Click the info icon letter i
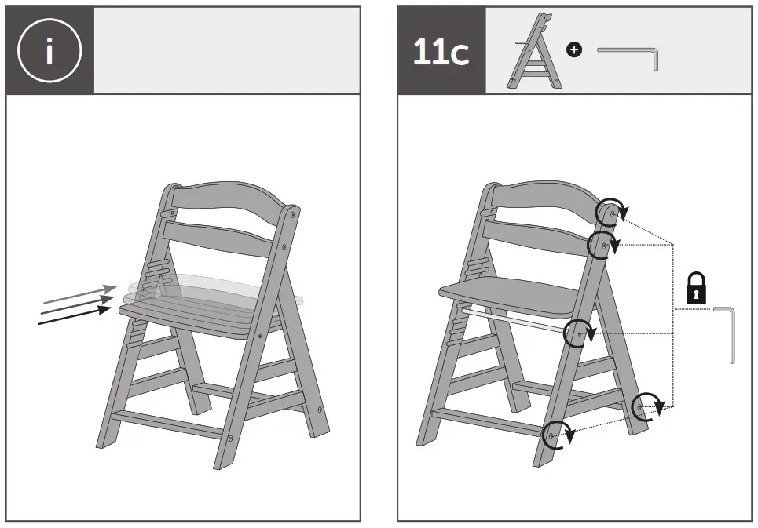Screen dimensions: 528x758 point(49,51)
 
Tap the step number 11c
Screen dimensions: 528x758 point(441,53)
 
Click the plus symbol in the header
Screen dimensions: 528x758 point(575,50)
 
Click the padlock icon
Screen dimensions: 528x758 point(696,288)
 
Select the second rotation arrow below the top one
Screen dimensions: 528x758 point(602,245)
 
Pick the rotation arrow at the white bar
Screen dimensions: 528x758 point(579,333)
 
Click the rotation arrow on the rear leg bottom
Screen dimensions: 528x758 point(646,406)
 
